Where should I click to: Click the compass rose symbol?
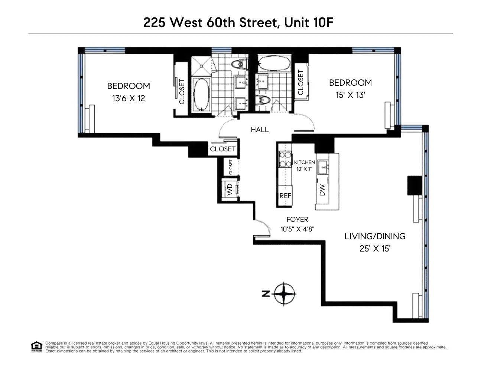(284, 294)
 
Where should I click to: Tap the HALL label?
(259, 130)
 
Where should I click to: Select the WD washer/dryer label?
(230, 190)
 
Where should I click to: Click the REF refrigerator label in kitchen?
(285, 196)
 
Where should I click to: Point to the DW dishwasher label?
(322, 190)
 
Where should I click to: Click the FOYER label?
(297, 220)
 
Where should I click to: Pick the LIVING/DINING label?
(375, 236)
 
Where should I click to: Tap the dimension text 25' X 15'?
(375, 249)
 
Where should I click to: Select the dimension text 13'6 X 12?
(129, 99)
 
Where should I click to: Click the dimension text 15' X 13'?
(350, 95)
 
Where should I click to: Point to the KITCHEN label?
(304, 162)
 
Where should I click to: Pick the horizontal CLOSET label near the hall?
(222, 149)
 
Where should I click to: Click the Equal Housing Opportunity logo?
(36, 347)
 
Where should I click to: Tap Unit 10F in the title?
(309, 23)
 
